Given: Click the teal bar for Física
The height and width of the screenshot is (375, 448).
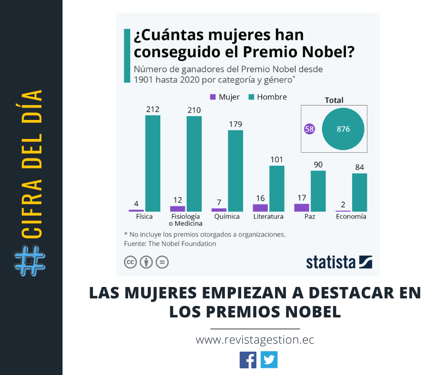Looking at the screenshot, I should point(153,163).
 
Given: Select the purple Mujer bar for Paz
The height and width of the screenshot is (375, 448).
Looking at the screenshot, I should point(301,207).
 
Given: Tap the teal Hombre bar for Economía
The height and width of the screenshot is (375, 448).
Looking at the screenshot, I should point(359,192).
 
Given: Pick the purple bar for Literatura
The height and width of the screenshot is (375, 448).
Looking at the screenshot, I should point(260,208).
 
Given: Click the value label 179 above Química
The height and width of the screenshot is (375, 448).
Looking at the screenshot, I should point(235,124).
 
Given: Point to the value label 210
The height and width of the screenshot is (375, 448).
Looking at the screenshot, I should point(194,110).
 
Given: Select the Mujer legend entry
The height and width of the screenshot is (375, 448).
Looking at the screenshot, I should point(224,97).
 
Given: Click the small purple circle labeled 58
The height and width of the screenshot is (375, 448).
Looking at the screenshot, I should point(309,129).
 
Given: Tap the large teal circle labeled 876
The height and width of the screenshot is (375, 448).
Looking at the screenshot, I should point(343,129).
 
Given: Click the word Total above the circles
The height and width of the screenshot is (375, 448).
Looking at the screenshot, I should point(334,100).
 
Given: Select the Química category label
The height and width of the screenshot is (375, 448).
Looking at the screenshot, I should point(227,217).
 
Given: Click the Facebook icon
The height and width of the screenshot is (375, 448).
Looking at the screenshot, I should point(248,359).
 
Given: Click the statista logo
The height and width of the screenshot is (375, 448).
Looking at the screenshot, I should point(339,262).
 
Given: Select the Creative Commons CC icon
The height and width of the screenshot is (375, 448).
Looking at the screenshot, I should point(130,262).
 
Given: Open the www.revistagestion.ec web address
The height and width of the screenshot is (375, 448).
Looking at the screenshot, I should point(255,340).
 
